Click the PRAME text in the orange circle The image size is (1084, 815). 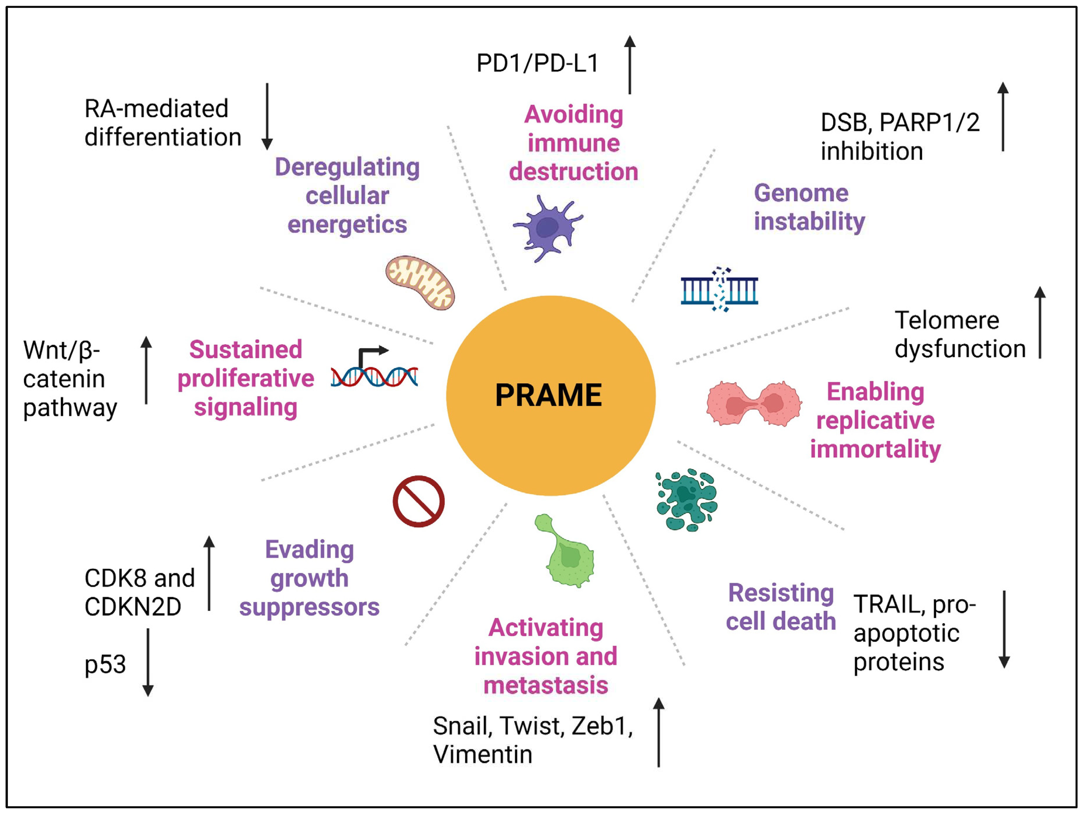click(x=548, y=395)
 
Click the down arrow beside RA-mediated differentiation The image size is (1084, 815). click(x=267, y=116)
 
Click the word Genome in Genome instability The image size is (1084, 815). click(x=801, y=193)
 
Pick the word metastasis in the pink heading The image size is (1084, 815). click(x=546, y=685)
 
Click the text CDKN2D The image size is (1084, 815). click(x=133, y=607)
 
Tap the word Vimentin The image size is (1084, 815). click(x=483, y=754)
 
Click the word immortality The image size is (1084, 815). click(x=875, y=449)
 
